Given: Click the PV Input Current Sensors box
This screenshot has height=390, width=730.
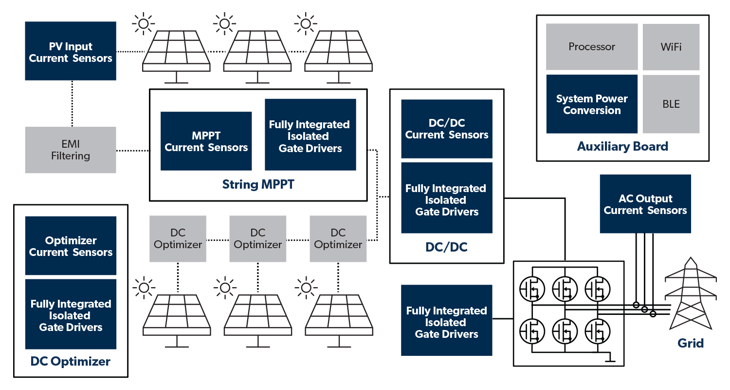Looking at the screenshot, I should click(71, 51).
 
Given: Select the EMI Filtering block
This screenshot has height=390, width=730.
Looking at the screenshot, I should click(71, 150).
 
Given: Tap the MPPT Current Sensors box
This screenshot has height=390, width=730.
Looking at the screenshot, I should click(206, 141).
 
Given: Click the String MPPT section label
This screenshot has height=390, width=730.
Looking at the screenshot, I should click(258, 185).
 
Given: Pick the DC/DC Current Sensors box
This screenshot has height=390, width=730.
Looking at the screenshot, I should click(447, 129).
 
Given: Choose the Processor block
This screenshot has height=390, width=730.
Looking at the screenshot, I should click(592, 47).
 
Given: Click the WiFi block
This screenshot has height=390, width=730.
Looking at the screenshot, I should click(671, 47).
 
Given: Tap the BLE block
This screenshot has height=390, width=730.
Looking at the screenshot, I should click(671, 104).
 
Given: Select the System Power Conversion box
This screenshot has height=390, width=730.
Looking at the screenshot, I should click(592, 104).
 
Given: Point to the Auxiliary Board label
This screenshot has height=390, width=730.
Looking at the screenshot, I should click(622, 146).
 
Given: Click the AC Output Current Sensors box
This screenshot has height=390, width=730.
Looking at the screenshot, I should click(645, 204).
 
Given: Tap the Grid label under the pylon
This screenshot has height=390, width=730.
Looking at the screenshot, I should click(691, 343).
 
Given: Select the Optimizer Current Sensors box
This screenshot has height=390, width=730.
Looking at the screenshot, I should click(71, 246).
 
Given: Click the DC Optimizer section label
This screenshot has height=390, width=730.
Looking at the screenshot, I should click(71, 362).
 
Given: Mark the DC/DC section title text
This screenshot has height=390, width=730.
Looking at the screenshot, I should click(446, 247).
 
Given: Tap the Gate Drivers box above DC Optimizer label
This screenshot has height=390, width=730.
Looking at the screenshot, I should click(71, 314).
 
